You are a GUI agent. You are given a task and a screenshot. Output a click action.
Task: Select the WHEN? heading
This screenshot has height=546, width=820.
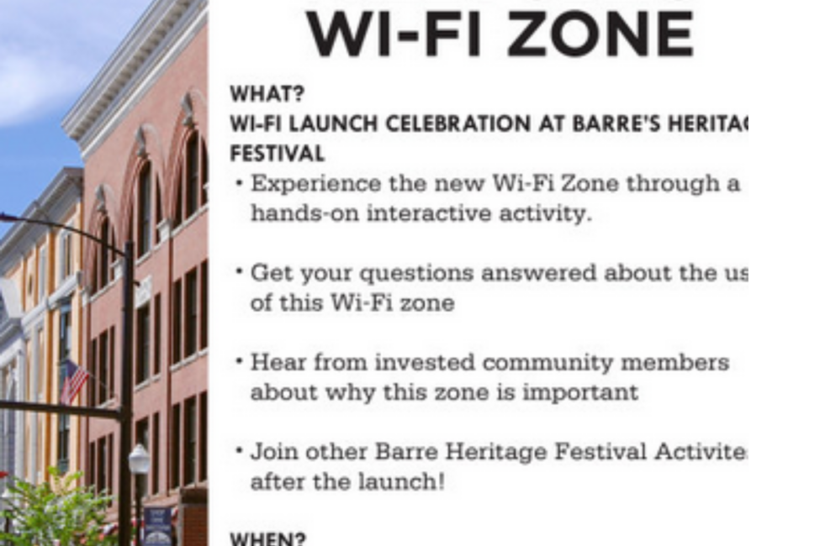click(268, 538)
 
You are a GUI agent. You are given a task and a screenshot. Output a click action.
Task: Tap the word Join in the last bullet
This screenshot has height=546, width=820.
click(271, 452)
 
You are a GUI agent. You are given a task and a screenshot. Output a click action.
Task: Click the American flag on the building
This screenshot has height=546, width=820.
click(74, 381)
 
